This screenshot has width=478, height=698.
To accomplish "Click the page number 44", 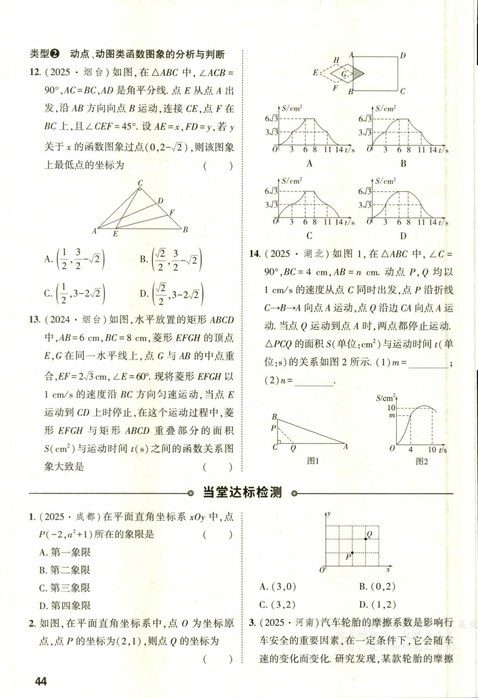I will [41, 681].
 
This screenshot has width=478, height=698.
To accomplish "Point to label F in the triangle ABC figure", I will [172, 212].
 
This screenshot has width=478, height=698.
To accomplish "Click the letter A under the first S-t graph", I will [310, 163].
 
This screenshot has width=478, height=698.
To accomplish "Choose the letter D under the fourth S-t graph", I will [403, 236].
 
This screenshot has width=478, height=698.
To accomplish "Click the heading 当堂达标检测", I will [242, 493].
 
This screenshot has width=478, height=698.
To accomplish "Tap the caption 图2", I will [421, 461].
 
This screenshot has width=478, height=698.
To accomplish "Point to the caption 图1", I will [313, 461].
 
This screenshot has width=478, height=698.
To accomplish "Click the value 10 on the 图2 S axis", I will [391, 408].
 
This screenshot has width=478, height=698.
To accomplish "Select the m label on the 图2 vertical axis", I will [392, 416].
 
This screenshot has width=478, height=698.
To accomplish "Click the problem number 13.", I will [34, 320].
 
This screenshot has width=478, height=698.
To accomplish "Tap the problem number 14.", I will [255, 254].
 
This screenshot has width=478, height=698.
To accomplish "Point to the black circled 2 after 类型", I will [55, 54].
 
